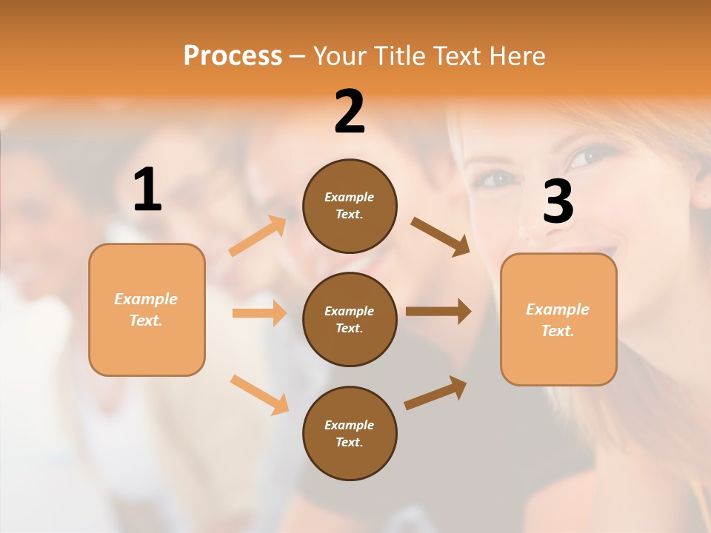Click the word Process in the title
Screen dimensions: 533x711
click(x=233, y=56)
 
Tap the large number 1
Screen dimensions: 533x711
click(x=147, y=190)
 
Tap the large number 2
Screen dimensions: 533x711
click(x=350, y=112)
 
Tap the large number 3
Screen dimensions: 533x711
click(x=558, y=202)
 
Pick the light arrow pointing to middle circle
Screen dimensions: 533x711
click(x=259, y=313)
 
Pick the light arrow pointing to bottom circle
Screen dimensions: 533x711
click(x=259, y=394)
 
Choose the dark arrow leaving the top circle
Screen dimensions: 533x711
click(x=440, y=237)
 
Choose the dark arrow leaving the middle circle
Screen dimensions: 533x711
click(x=438, y=312)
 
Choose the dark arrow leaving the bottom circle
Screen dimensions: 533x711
click(x=435, y=393)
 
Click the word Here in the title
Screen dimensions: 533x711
click(x=518, y=56)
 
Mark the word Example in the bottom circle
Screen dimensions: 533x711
click(x=349, y=425)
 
